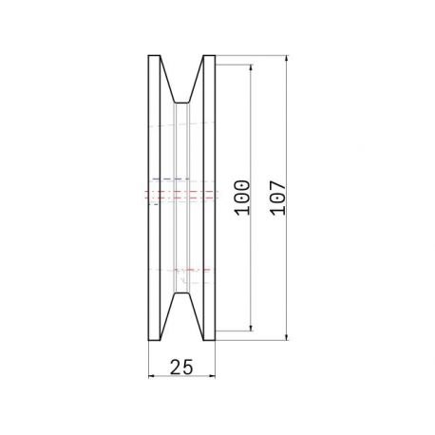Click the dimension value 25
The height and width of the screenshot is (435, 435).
[181, 368]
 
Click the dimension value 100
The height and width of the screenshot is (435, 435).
[242, 198]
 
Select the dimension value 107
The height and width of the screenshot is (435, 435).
[278, 198]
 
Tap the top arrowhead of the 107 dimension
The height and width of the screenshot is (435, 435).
[287, 59]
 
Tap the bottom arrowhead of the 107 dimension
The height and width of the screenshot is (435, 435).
[287, 337]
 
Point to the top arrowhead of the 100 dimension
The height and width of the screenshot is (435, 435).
[251, 68]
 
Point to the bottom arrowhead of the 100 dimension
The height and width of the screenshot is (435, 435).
[251, 328]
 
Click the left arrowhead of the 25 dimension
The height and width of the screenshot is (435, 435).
[152, 376]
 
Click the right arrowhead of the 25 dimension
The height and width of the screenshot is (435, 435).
[212, 376]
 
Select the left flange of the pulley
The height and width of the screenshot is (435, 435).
[154, 198]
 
